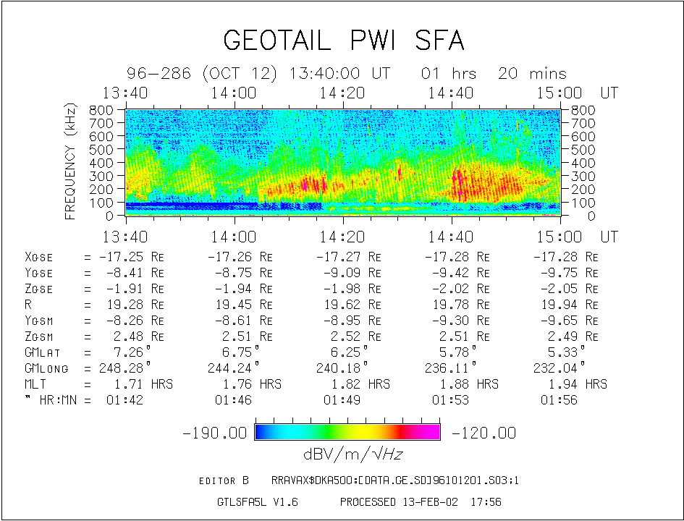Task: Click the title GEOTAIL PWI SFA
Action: pyautogui.click(x=343, y=41)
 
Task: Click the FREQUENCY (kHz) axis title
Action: pyautogui.click(x=71, y=161)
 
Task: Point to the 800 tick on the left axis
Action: pyautogui.click(x=101, y=110)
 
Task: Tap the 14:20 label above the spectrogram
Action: pyautogui.click(x=344, y=93)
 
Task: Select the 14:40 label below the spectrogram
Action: pyautogui.click(x=452, y=237)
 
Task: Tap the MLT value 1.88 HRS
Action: pyautogui.click(x=465, y=384)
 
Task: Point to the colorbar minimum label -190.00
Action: pyautogui.click(x=216, y=433)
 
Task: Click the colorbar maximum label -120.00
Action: pyautogui.click(x=484, y=433)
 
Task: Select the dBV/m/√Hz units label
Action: pyautogui.click(x=347, y=454)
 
